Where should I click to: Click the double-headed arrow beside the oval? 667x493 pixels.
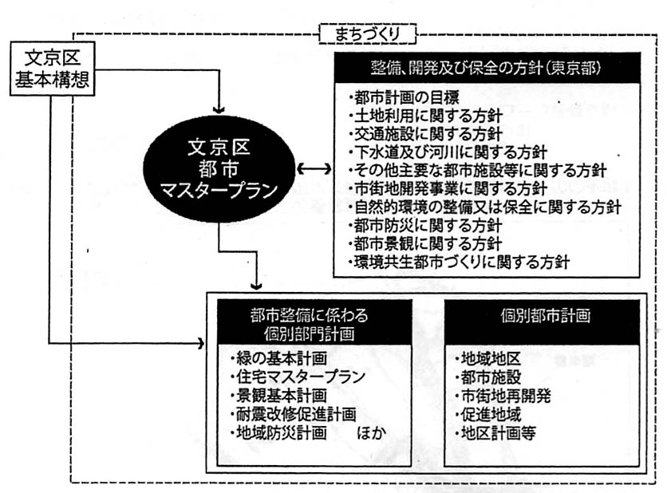tap(314, 169)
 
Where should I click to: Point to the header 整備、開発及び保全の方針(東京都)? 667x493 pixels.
tap(489, 66)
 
